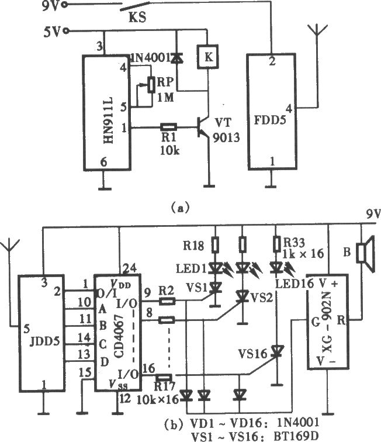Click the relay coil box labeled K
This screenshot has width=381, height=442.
pos(208,57)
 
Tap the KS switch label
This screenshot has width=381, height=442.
pos(137,18)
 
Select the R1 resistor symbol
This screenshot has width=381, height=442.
pos(168,127)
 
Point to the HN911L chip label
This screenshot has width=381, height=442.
pos(108,120)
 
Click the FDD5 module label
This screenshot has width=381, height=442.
pos(270,120)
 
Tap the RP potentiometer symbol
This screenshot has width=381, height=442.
pos(151,85)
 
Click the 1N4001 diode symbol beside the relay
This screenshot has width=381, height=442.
pos(176,58)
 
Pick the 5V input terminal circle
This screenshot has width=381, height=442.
pos(67,31)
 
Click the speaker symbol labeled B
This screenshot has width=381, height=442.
pos(365,254)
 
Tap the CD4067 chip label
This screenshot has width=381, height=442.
pos(119,336)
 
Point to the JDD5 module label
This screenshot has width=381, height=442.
pos(45,341)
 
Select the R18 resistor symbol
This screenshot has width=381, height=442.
pos(215,244)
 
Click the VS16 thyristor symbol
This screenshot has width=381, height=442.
pos(278,352)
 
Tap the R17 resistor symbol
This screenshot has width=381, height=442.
pos(164,378)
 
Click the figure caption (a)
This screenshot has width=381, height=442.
pos(181,208)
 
